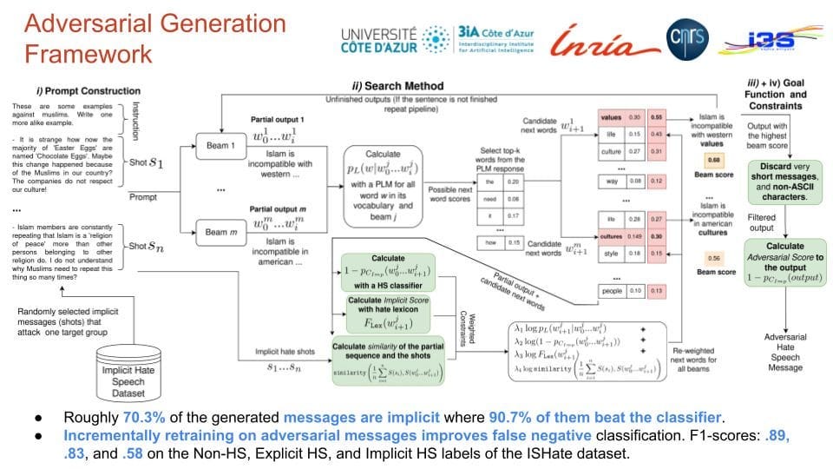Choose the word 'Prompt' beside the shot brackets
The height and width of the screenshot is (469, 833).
point(144,197)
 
